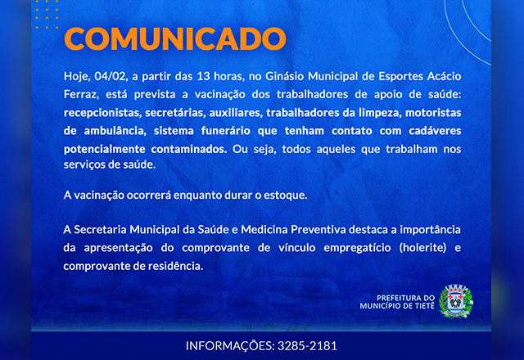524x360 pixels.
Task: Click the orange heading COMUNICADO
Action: pos(175,38)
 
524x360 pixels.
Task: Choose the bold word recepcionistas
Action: pos(103,113)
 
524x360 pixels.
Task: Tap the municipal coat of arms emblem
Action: pos(456,302)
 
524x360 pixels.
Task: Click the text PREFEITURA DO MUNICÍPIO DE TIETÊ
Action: pos(397,302)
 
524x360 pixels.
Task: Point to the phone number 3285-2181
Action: pos(307,345)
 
